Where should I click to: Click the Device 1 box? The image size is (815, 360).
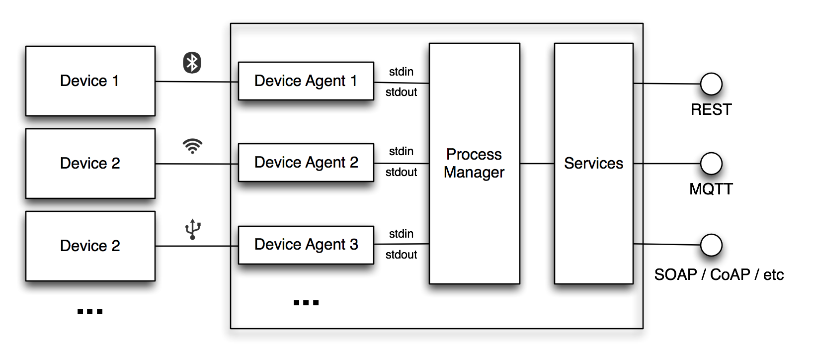(90, 81)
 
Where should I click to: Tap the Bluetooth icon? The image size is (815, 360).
(192, 63)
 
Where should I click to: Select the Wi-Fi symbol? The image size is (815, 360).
(192, 146)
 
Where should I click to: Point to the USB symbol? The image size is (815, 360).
(193, 229)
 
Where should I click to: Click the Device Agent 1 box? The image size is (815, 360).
(306, 81)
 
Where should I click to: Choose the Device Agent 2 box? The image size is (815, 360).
(306, 163)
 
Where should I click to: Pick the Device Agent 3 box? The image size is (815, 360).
(306, 245)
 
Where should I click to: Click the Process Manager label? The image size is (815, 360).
(474, 163)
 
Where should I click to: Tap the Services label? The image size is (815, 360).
(593, 163)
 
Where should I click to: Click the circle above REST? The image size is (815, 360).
(711, 84)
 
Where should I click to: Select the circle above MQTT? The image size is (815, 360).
(711, 164)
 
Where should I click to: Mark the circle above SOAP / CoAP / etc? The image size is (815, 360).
(711, 245)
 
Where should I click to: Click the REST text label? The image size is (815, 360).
(711, 109)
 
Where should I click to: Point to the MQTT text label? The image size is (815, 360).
(711, 189)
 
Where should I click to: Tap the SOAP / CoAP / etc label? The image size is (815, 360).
(719, 274)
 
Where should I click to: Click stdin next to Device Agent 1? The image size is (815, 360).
(401, 72)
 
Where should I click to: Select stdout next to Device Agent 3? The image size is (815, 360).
(401, 255)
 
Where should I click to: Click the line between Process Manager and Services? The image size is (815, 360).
(537, 163)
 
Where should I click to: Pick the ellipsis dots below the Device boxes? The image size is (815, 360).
(90, 312)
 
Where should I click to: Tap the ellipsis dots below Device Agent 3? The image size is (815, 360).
(306, 302)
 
